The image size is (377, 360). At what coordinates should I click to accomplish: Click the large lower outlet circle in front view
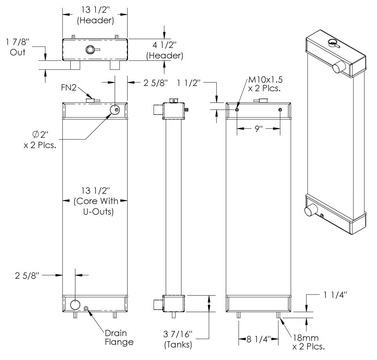(75, 304)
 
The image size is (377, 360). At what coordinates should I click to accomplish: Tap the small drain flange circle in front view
(86, 309)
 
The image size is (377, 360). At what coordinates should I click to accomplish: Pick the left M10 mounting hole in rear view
(237, 110)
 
